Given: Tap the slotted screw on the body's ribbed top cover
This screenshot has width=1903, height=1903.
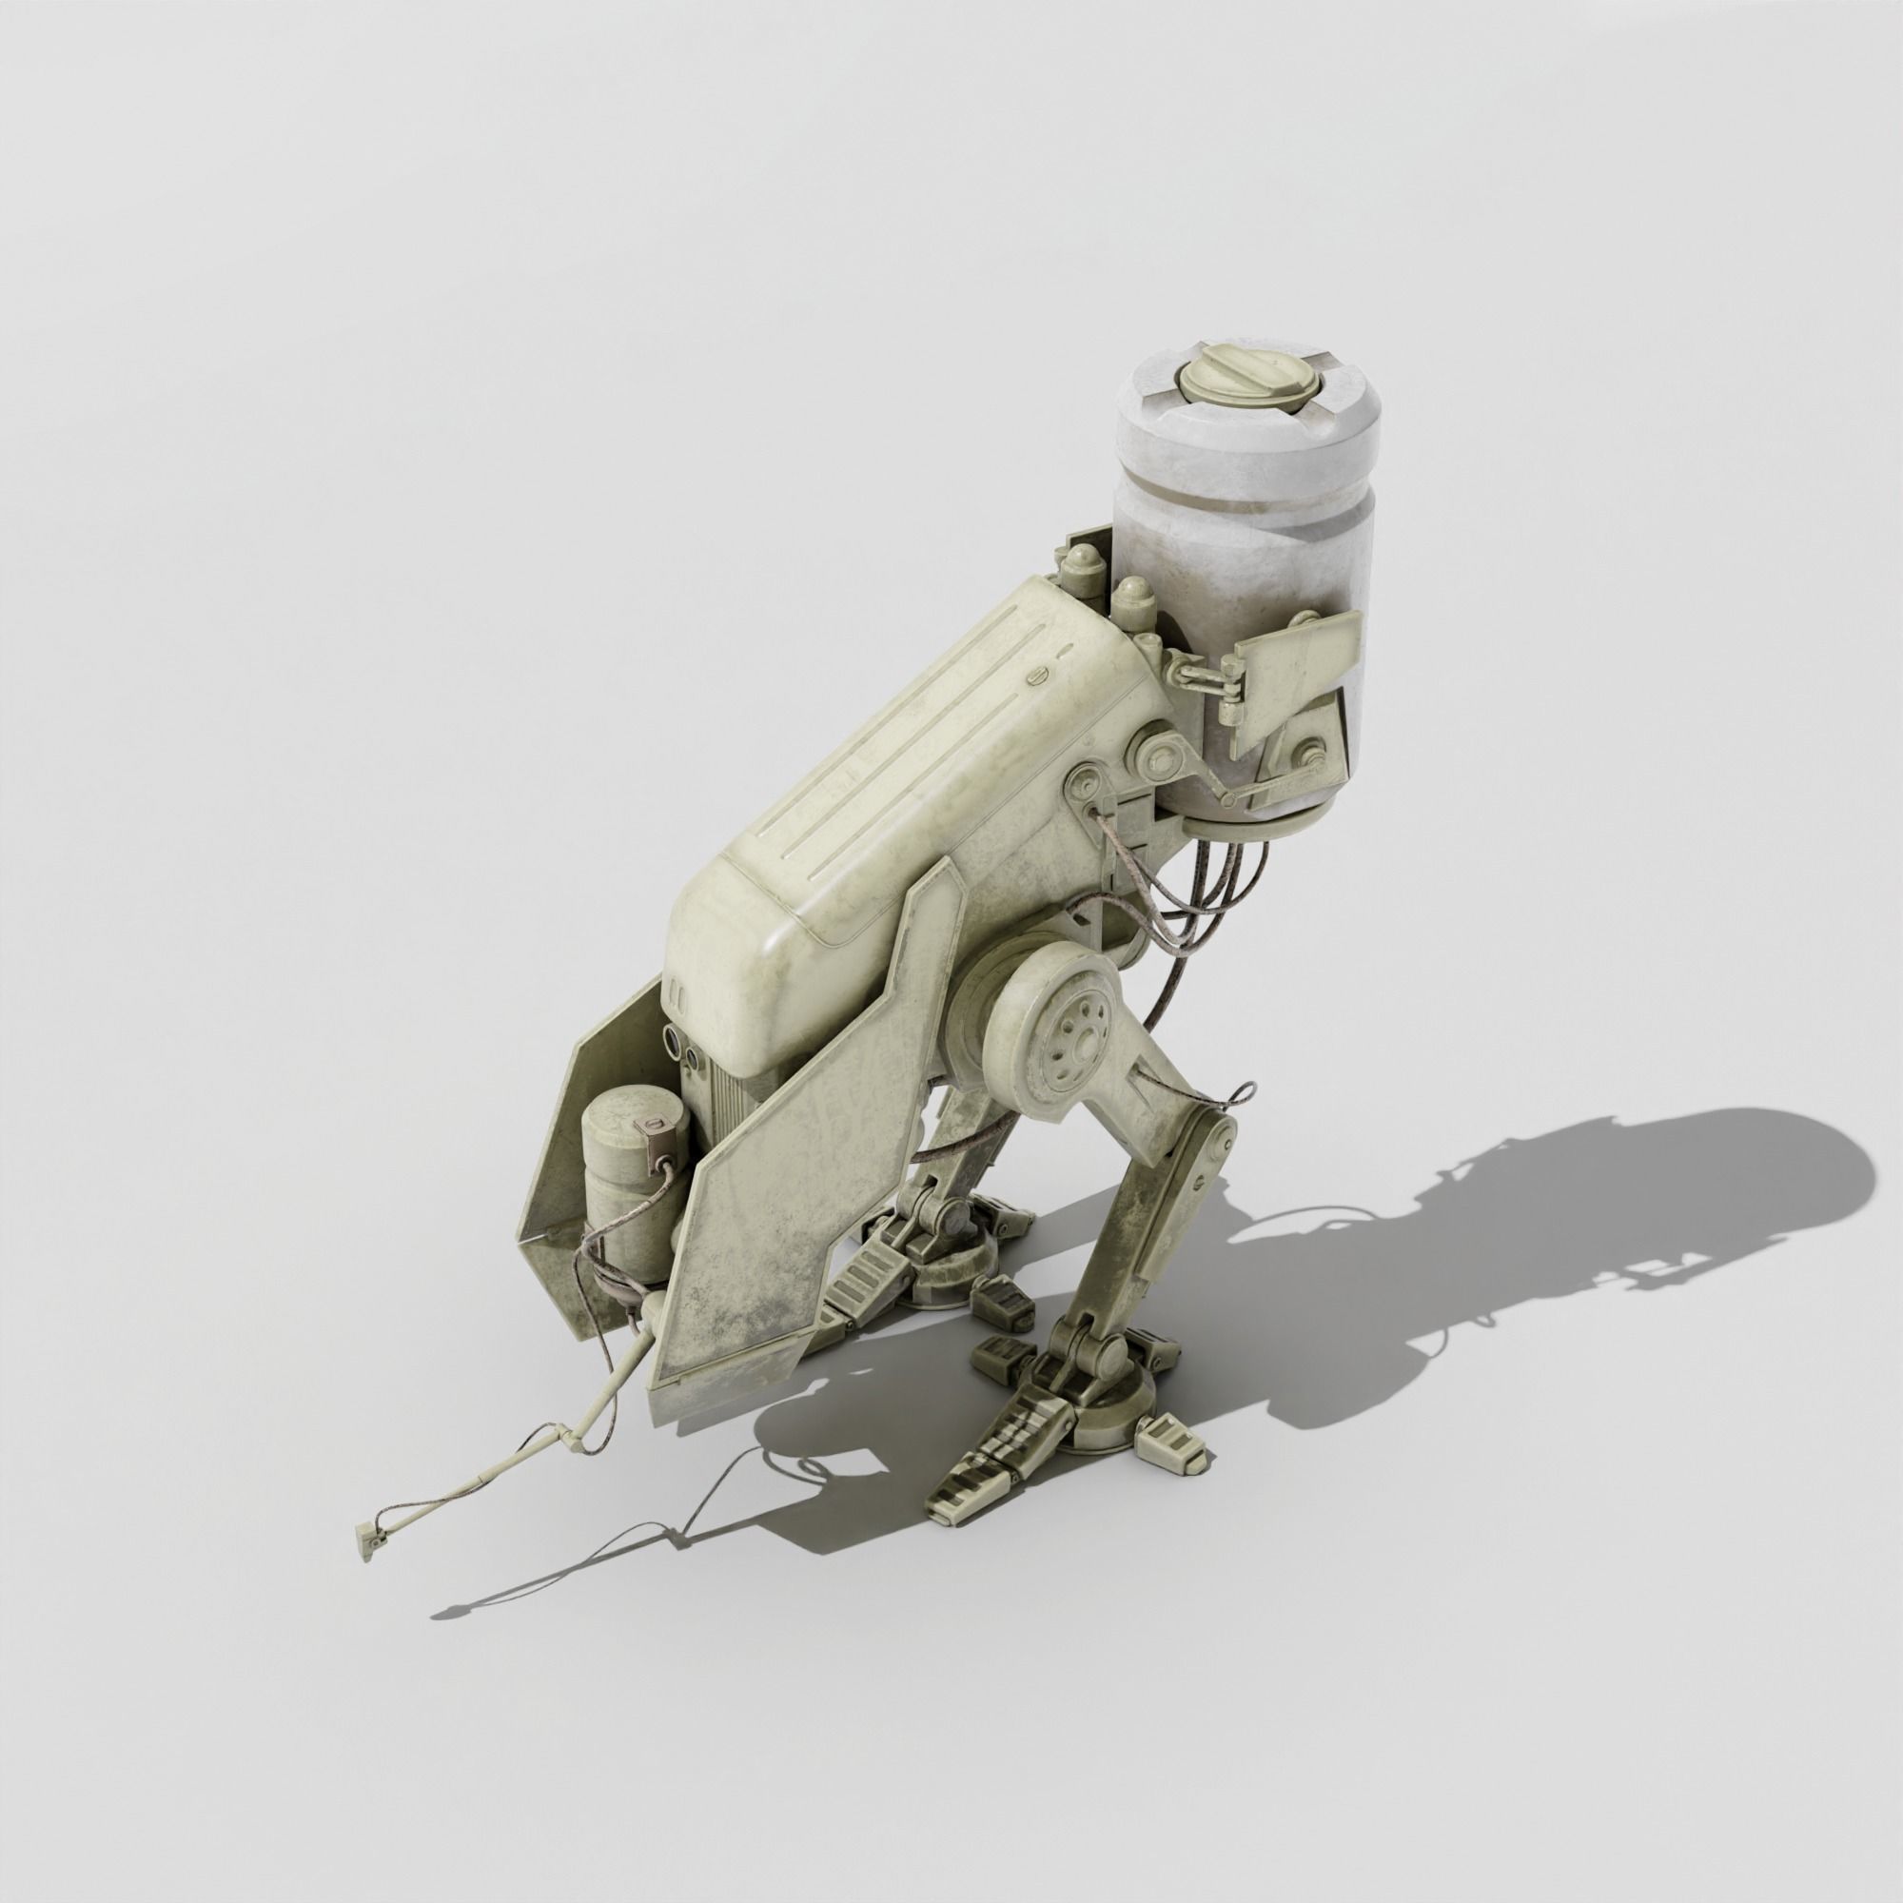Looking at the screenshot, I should [1036, 675].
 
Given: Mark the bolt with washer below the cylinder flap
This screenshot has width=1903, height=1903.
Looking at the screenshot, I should [1313, 758].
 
